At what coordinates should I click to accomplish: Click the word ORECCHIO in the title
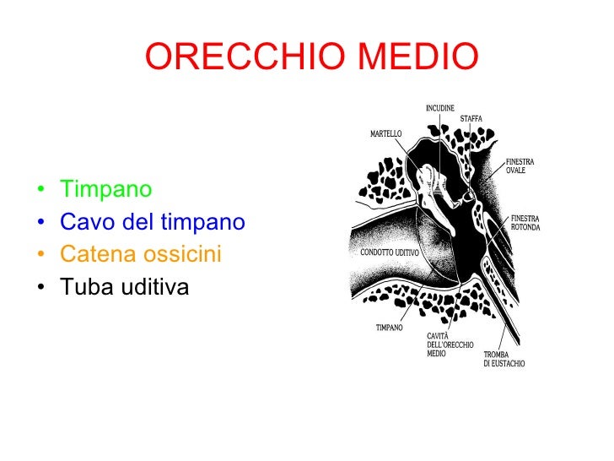coord(245,57)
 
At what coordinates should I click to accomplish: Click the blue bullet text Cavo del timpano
coord(152,221)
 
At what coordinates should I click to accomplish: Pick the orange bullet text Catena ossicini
coord(140,254)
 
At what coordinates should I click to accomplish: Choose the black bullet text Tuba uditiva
coord(125,287)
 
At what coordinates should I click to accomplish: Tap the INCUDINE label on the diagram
coord(439,108)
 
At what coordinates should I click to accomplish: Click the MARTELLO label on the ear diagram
coord(386,134)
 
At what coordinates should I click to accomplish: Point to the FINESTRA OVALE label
coord(520,166)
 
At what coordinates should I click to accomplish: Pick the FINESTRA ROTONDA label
coord(525,223)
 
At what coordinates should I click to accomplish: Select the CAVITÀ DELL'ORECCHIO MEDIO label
coord(450,345)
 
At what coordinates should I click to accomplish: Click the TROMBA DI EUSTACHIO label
coord(504,359)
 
